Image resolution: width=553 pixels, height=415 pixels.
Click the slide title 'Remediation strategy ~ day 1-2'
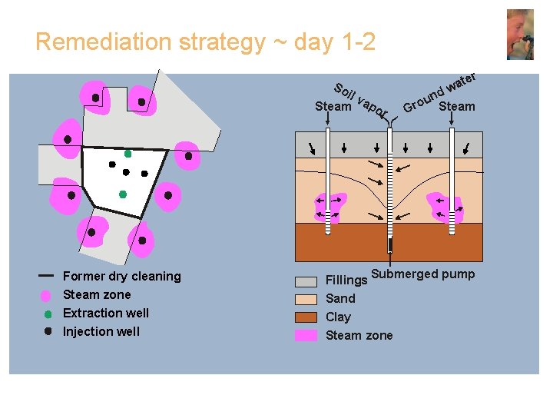[x=205, y=41]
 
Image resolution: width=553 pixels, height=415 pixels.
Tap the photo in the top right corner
[x=520, y=35]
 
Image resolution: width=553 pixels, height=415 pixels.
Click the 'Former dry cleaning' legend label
[x=121, y=276]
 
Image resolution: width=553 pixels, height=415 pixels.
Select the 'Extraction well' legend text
[x=105, y=313]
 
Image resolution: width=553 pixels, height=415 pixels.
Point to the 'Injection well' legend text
[x=101, y=331]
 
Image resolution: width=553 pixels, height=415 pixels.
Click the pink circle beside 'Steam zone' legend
[x=46, y=295]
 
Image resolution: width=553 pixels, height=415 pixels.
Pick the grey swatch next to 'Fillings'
[x=306, y=281]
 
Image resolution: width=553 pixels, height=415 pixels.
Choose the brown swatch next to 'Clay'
[x=306, y=317]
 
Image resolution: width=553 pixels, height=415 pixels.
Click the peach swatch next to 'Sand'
[x=306, y=299]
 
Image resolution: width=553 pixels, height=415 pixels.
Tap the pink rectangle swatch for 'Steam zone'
[x=306, y=335]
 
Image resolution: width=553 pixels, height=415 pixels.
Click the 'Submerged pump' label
[x=423, y=274]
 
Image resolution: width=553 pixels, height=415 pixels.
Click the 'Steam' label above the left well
[x=333, y=107]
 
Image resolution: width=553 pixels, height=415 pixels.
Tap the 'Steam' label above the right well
[x=456, y=106]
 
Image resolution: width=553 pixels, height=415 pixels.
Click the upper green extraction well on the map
[x=128, y=154]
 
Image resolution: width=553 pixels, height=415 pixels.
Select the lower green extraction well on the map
[x=122, y=194]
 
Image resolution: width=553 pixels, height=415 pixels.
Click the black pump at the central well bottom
[x=390, y=245]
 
